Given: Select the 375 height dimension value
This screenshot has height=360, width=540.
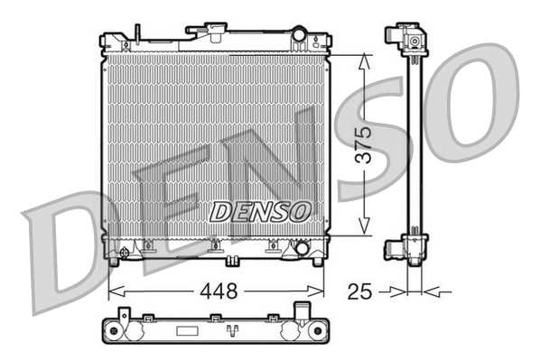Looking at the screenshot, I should pyautogui.click(x=363, y=144).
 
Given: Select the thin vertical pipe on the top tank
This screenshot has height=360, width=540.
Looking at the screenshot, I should pyautogui.click(x=137, y=35).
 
